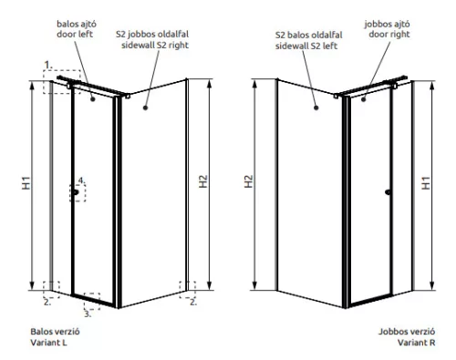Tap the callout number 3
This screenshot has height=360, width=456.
(87, 313)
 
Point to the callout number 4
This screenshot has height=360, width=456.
(80, 180)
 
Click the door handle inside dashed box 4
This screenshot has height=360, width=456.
(77, 192)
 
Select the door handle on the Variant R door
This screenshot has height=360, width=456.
(389, 192)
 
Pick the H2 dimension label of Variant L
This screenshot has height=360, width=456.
(203, 182)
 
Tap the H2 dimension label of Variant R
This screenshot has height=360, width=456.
(249, 182)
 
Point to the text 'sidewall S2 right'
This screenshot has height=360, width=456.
(153, 45)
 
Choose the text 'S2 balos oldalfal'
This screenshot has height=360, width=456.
(306, 35)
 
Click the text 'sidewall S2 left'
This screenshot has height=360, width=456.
(306, 45)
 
